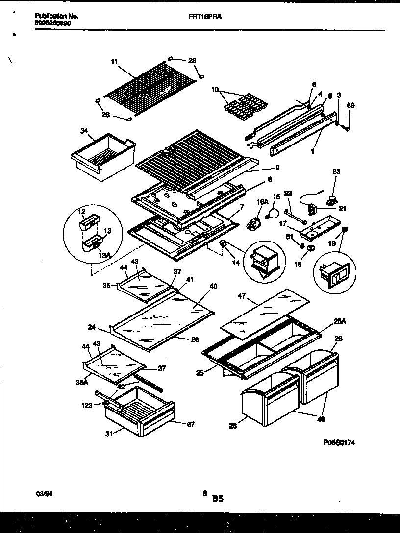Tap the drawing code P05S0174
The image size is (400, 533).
click(x=339, y=442)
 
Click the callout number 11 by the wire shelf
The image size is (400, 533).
click(x=114, y=62)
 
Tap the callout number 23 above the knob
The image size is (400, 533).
click(x=336, y=172)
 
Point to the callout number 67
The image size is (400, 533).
click(x=191, y=424)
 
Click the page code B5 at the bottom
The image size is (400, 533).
click(x=218, y=499)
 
